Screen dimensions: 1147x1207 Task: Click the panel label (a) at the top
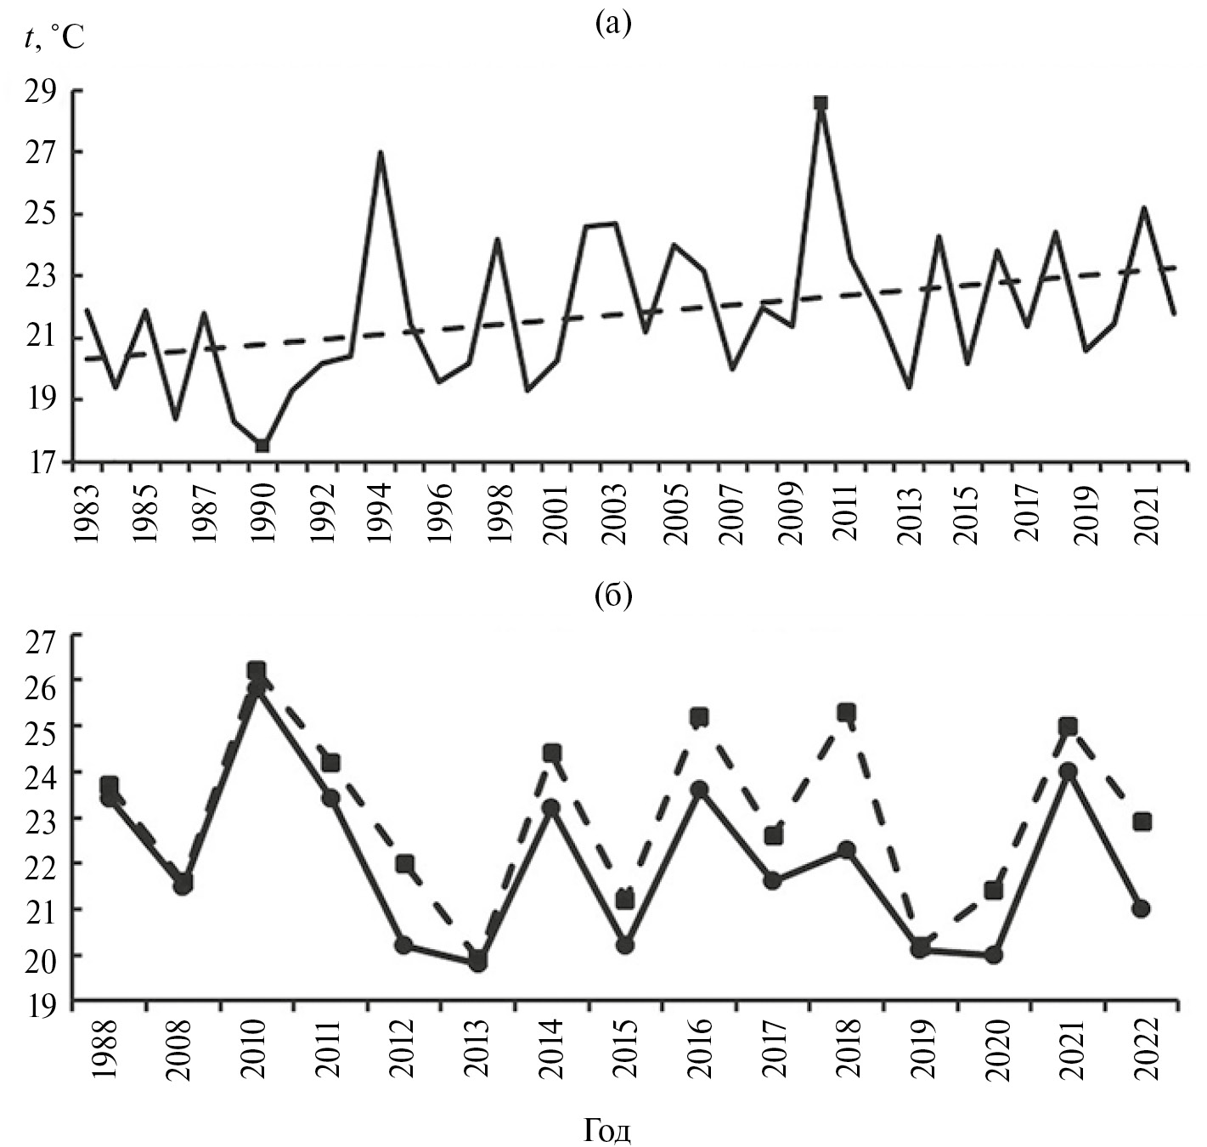click(613, 24)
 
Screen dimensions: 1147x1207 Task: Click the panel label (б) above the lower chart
click(613, 597)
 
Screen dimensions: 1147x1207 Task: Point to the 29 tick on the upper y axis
click(43, 90)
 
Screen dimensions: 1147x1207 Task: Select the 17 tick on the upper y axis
click(43, 463)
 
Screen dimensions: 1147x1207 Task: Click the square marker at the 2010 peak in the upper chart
click(821, 103)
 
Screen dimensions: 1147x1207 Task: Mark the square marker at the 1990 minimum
click(262, 445)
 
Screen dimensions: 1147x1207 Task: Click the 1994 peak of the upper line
click(381, 153)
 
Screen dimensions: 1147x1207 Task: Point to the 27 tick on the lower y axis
click(43, 635)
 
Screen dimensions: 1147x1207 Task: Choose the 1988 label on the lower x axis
click(108, 1048)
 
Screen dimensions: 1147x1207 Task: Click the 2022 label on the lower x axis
click(1142, 1048)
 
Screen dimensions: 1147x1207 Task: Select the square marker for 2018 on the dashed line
click(846, 712)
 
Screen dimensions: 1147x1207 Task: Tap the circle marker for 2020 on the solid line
click(994, 954)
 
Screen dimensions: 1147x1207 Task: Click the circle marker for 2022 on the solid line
click(1142, 908)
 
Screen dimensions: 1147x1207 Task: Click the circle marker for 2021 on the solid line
click(1068, 771)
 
